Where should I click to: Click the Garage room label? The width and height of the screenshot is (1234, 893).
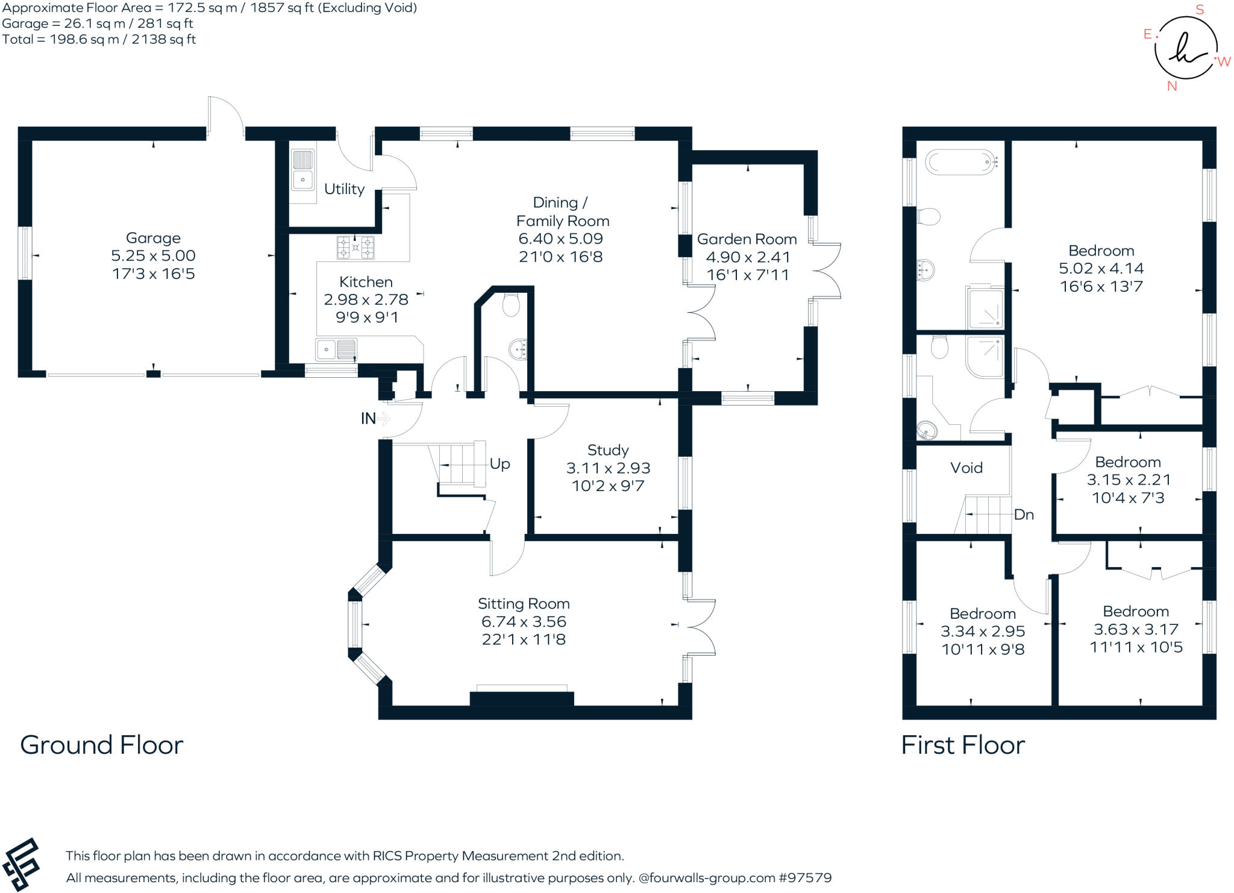point(153,238)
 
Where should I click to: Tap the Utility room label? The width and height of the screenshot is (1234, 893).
point(344,189)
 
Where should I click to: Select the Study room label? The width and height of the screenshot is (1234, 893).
point(608,450)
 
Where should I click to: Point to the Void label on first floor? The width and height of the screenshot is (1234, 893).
point(966,468)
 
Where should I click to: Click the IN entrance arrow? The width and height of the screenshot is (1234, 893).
point(383,418)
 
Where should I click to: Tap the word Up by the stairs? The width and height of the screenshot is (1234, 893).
point(500,464)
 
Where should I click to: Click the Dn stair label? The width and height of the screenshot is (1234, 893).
point(1024,515)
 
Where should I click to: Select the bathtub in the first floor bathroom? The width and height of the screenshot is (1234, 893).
point(960,162)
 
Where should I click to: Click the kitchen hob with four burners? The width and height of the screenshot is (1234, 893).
point(355,247)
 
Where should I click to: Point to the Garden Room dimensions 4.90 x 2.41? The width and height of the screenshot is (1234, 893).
point(748,257)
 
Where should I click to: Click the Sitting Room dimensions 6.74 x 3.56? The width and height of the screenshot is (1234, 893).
point(524,622)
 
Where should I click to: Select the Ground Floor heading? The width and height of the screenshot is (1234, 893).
point(101,745)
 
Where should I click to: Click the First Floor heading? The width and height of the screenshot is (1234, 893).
point(962,745)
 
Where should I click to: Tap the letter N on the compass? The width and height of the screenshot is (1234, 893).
point(1172,86)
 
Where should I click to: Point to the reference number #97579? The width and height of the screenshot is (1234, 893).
point(805,878)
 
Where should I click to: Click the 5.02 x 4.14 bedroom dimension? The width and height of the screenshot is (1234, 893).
point(1101,269)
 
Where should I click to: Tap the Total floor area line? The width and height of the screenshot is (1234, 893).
point(99,40)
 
